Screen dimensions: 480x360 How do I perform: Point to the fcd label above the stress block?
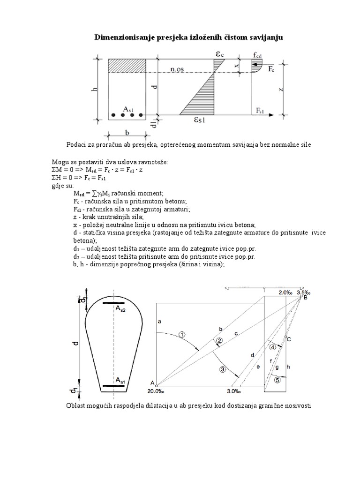257,55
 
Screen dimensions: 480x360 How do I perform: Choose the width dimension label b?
127,133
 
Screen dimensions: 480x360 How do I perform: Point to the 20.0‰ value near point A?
159,391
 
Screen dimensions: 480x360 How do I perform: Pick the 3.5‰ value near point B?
304,292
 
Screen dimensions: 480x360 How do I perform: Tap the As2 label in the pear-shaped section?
120,311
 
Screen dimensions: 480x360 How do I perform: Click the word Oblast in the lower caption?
78,405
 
